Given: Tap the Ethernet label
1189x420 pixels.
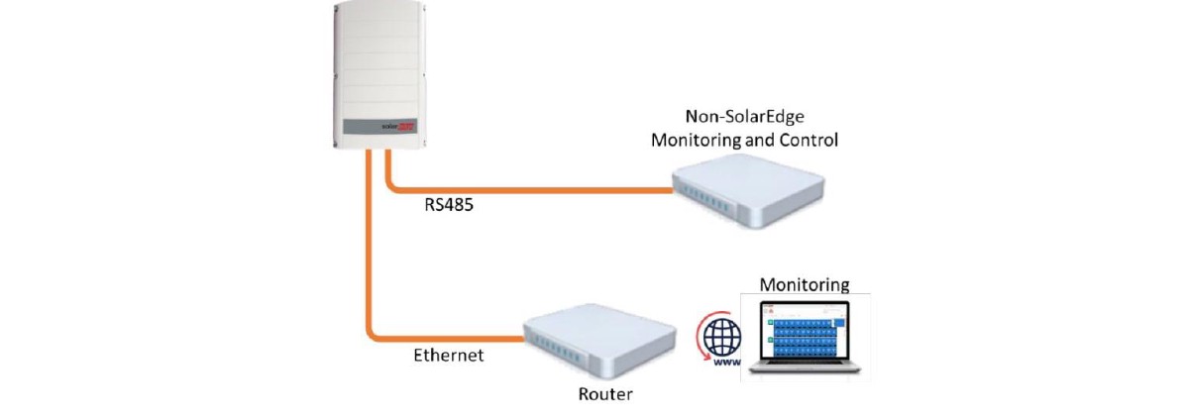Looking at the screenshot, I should tap(449, 355).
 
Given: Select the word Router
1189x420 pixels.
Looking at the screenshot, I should tap(605, 394).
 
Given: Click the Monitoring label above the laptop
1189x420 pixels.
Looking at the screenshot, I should tap(805, 284).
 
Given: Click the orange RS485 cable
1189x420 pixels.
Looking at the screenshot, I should tap(525, 188).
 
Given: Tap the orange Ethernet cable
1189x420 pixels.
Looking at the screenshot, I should tap(436, 336).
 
